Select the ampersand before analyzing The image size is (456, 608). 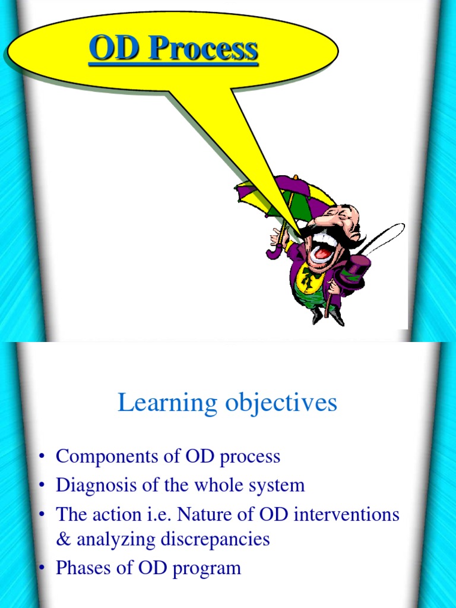click(62, 539)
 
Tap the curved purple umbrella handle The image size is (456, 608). click(275, 251)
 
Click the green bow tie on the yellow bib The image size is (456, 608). click(309, 278)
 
